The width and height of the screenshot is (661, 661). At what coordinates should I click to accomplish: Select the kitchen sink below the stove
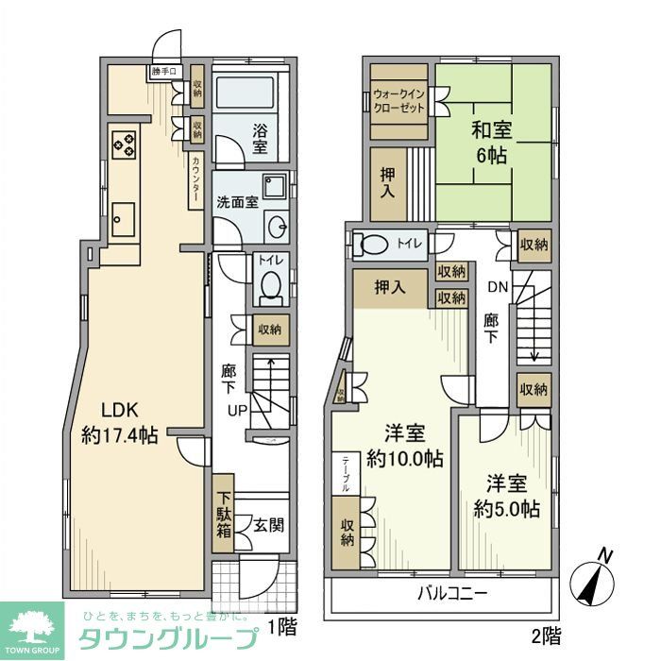pyautogui.click(x=123, y=220)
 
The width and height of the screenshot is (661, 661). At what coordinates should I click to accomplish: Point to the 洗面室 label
pyautogui.click(x=237, y=201)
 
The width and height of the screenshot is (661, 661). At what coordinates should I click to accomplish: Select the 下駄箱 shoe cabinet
pyautogui.click(x=223, y=515)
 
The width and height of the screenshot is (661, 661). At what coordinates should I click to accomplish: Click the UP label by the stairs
pyautogui.click(x=237, y=410)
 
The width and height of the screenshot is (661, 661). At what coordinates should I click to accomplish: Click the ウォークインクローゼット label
pyautogui.click(x=399, y=101)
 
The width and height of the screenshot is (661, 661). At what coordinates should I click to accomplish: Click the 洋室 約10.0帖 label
pyautogui.click(x=404, y=446)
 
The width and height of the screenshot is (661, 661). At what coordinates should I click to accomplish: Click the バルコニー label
pyautogui.click(x=453, y=597)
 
